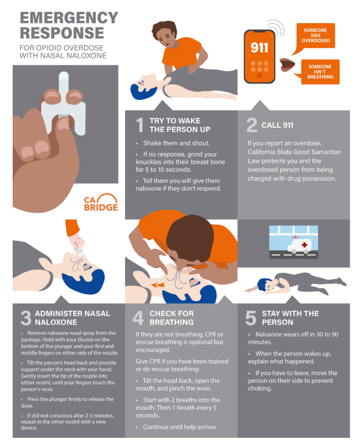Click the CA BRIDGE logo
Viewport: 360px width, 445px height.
click(x=101, y=202)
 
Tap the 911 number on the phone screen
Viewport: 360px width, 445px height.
click(x=259, y=47)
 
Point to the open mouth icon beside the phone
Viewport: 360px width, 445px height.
click(x=287, y=65)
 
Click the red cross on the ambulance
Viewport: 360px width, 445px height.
click(x=304, y=245)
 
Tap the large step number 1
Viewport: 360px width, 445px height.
click(x=140, y=125)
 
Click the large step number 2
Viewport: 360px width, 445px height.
click(x=252, y=125)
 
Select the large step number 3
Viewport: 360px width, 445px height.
click(x=26, y=318)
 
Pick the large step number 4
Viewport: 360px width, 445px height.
click(x=138, y=318)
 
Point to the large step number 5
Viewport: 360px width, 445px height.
click(x=251, y=318)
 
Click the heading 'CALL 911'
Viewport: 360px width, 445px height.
click(x=277, y=125)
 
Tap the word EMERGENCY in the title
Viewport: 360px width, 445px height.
click(x=69, y=18)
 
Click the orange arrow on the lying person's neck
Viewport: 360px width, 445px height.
click(x=157, y=285)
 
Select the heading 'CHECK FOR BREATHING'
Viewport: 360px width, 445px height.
click(x=172, y=318)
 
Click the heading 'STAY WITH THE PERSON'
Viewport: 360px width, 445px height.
click(x=290, y=318)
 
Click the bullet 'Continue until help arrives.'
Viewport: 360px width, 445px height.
click(x=180, y=427)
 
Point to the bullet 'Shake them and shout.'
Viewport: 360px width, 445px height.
click(x=176, y=143)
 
